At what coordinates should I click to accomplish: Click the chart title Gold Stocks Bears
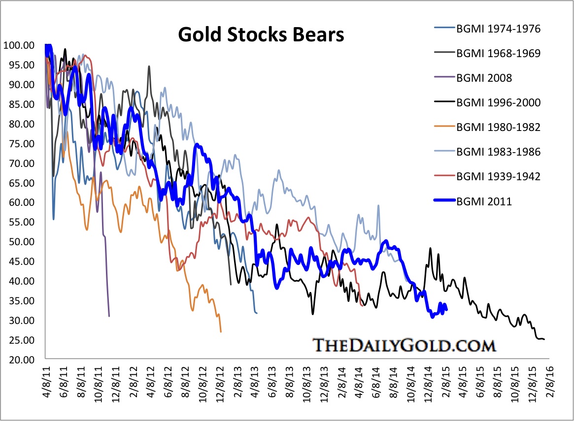pyautogui.click(x=261, y=36)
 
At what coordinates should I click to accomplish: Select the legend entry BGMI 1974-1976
pyautogui.click(x=498, y=29)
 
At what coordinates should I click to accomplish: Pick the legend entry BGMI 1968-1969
pyautogui.click(x=498, y=53)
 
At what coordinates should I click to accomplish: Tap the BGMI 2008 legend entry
pyautogui.click(x=483, y=78)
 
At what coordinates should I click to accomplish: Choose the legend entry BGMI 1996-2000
pyautogui.click(x=498, y=102)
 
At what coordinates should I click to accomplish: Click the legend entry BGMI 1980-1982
pyautogui.click(x=498, y=127)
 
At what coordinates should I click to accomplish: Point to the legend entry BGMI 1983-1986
pyautogui.click(x=498, y=152)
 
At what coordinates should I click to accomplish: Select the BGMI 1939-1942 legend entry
pyautogui.click(x=498, y=176)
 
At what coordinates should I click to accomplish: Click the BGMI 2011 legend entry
pyautogui.click(x=483, y=201)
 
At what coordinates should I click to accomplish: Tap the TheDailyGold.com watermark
pyautogui.click(x=404, y=345)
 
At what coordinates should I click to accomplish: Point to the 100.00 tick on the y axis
pyautogui.click(x=19, y=45)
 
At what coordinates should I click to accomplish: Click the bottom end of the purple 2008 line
pyautogui.click(x=109, y=316)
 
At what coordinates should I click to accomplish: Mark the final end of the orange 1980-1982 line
pyautogui.click(x=221, y=332)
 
